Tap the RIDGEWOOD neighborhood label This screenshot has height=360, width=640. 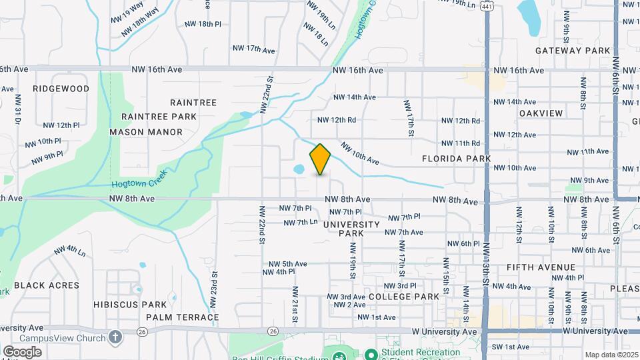[61, 88]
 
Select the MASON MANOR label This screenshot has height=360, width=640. [146, 132]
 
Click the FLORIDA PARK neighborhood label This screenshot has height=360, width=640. [456, 159]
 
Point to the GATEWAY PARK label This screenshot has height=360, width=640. [573, 51]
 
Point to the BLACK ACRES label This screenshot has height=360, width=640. [47, 285]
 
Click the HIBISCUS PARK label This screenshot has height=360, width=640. [125, 304]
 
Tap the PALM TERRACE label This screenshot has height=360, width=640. [182, 317]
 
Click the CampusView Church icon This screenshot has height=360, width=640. [115, 337]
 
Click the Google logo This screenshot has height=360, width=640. [22, 351]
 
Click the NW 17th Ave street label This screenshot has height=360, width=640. [253, 49]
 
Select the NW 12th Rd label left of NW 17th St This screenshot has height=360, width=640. [337, 120]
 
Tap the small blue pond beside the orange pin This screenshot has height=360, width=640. [299, 169]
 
